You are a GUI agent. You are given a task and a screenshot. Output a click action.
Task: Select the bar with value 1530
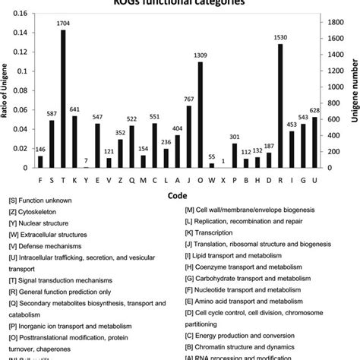280,106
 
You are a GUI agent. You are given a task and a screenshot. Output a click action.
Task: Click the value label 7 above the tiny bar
86,161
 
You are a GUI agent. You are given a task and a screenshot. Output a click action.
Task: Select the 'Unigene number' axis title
353,91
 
